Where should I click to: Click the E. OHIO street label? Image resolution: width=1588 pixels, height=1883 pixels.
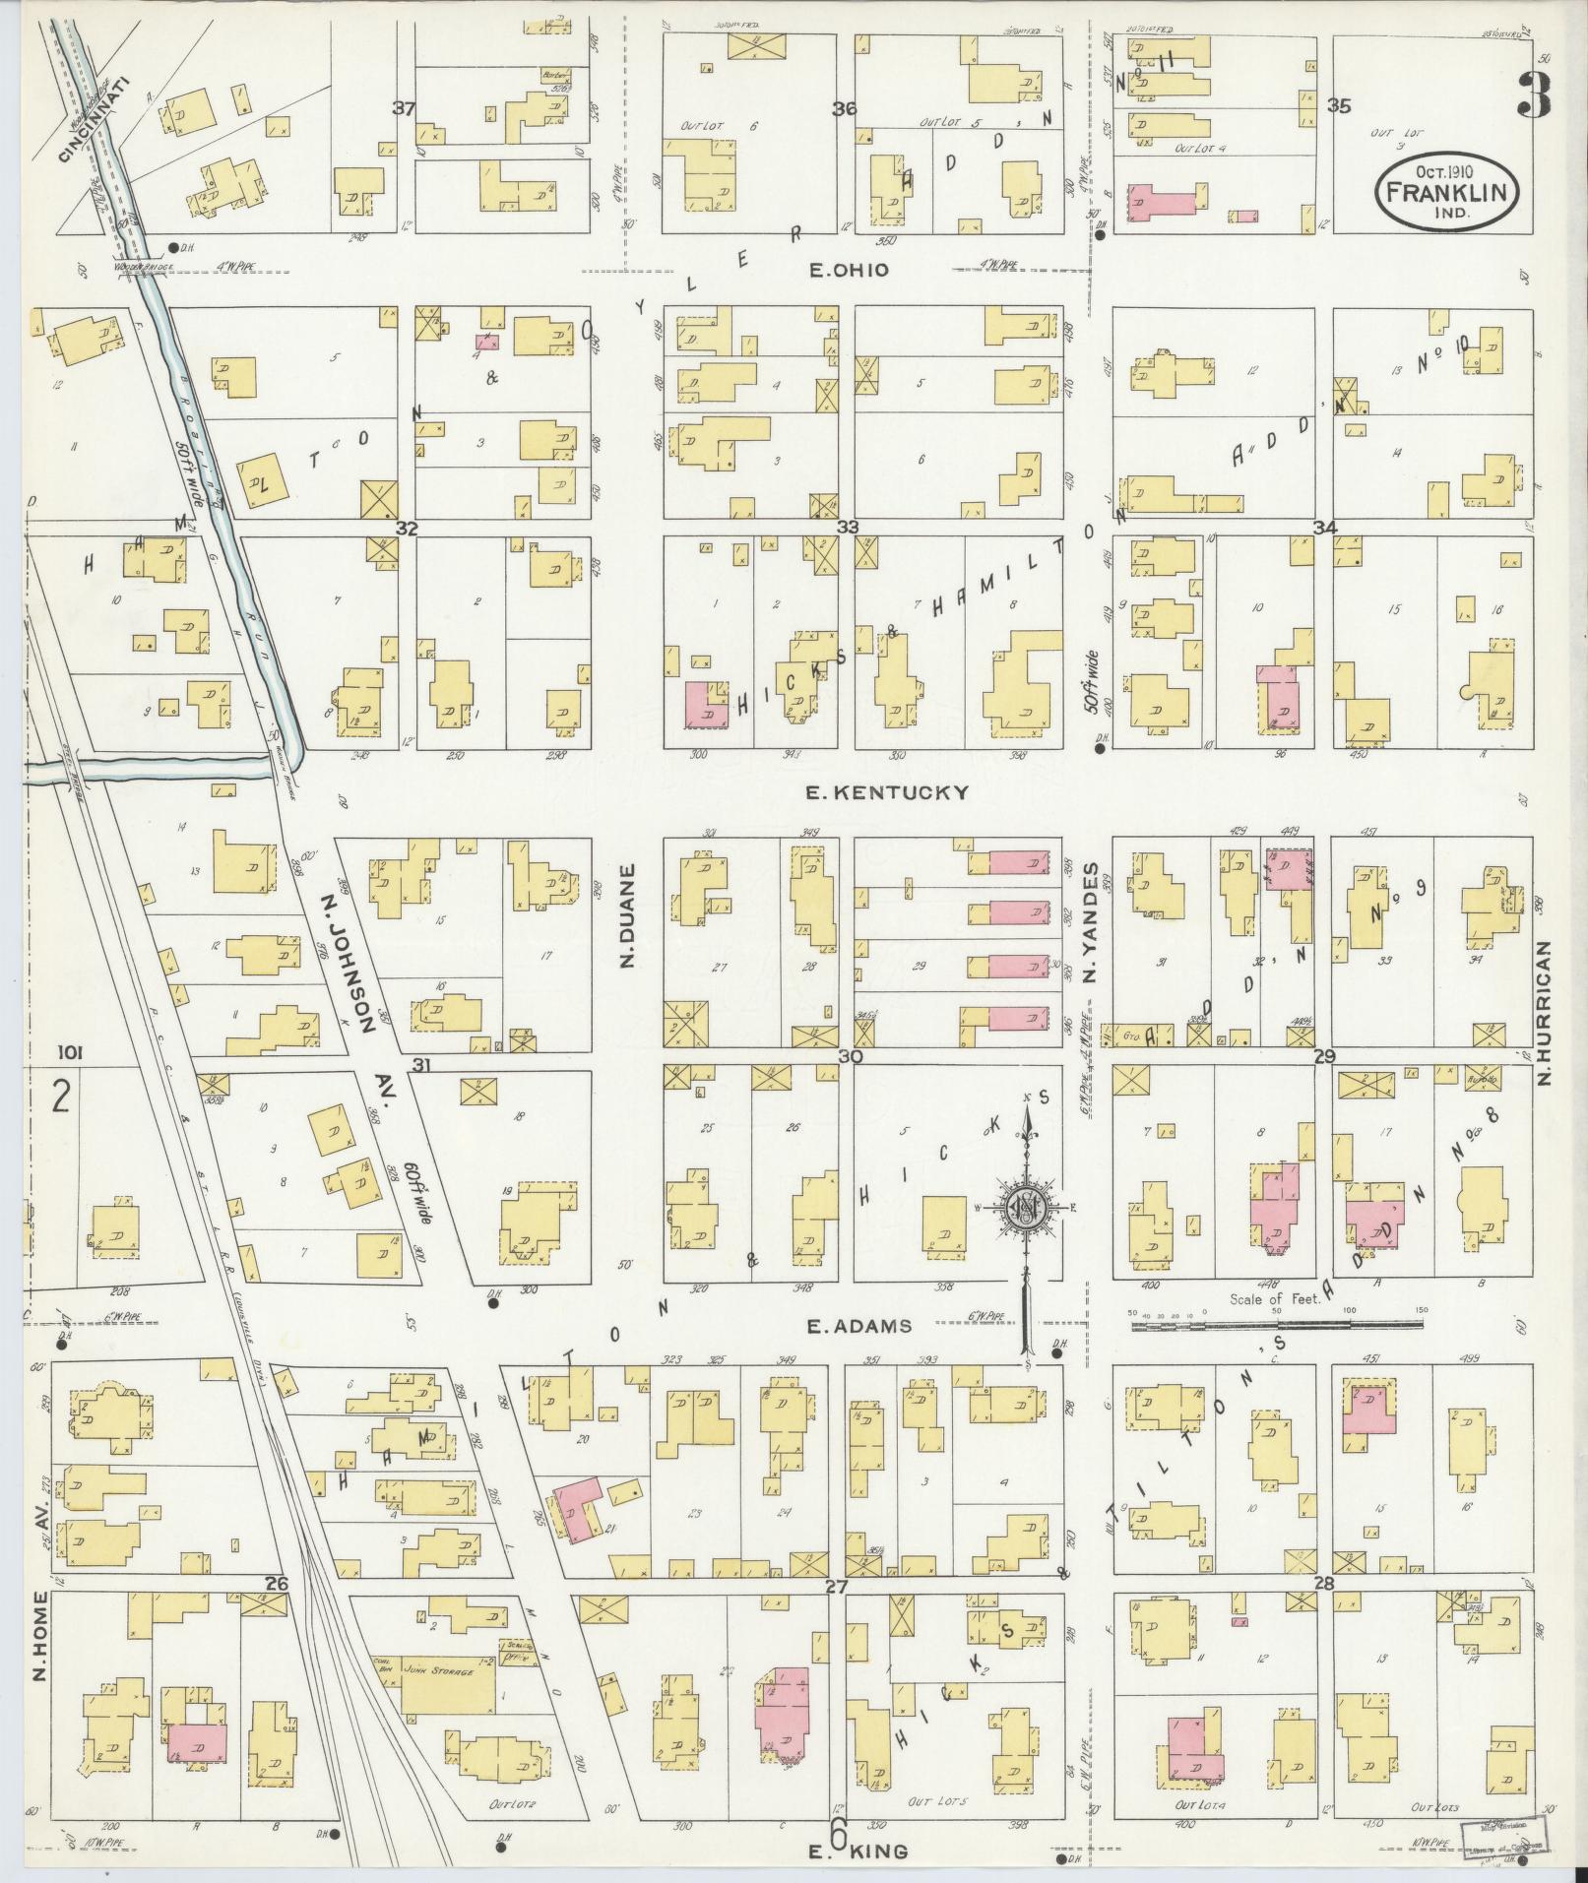point(848,270)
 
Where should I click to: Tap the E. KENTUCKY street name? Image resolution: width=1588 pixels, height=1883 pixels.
point(887,792)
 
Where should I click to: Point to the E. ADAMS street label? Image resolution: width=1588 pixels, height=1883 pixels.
point(858,1326)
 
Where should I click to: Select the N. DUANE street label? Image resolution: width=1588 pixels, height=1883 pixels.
point(628,915)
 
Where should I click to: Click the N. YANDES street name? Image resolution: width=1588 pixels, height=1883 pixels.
point(1090,922)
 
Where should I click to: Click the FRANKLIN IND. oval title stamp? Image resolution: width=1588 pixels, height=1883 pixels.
point(1446,195)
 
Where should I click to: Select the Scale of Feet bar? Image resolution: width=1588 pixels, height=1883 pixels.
point(1276,1325)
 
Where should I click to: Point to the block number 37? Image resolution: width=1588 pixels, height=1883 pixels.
point(403,109)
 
